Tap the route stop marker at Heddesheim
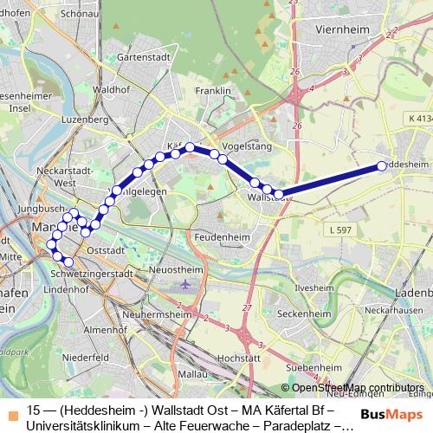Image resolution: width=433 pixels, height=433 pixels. pos(381,166)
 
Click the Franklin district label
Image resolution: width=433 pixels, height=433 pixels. pos(212,91)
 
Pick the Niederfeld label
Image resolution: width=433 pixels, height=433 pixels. pos(86,357)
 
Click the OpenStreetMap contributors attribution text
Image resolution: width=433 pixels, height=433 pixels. pos(352,388)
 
